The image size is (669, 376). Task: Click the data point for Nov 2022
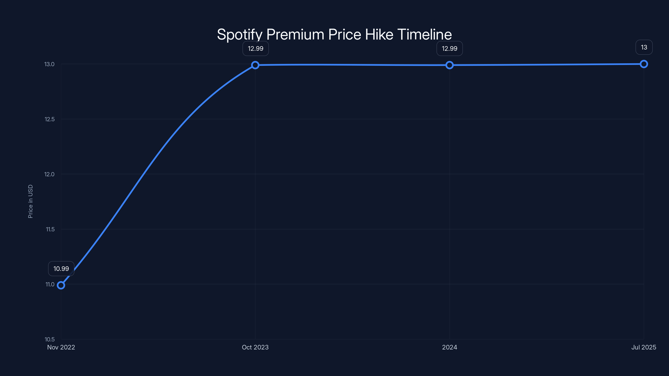61,285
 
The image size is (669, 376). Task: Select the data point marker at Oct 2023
255,65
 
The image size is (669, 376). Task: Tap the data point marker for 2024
449,65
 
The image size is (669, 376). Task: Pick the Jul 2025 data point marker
644,64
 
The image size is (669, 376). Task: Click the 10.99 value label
61,269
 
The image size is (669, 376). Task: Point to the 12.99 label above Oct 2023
255,48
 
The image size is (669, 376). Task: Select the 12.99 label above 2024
449,48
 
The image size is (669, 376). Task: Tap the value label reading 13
644,47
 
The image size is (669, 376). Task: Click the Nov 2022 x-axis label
61,347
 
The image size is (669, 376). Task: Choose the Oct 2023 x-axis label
255,347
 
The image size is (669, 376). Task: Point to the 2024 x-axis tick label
449,347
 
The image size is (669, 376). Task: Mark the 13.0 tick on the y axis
49,64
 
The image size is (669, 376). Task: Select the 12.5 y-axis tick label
50,119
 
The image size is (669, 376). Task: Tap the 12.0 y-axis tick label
49,174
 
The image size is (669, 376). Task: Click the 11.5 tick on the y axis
50,229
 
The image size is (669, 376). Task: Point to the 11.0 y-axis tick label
50,284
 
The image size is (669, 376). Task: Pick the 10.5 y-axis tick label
50,339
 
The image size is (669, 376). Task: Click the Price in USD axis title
30,201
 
